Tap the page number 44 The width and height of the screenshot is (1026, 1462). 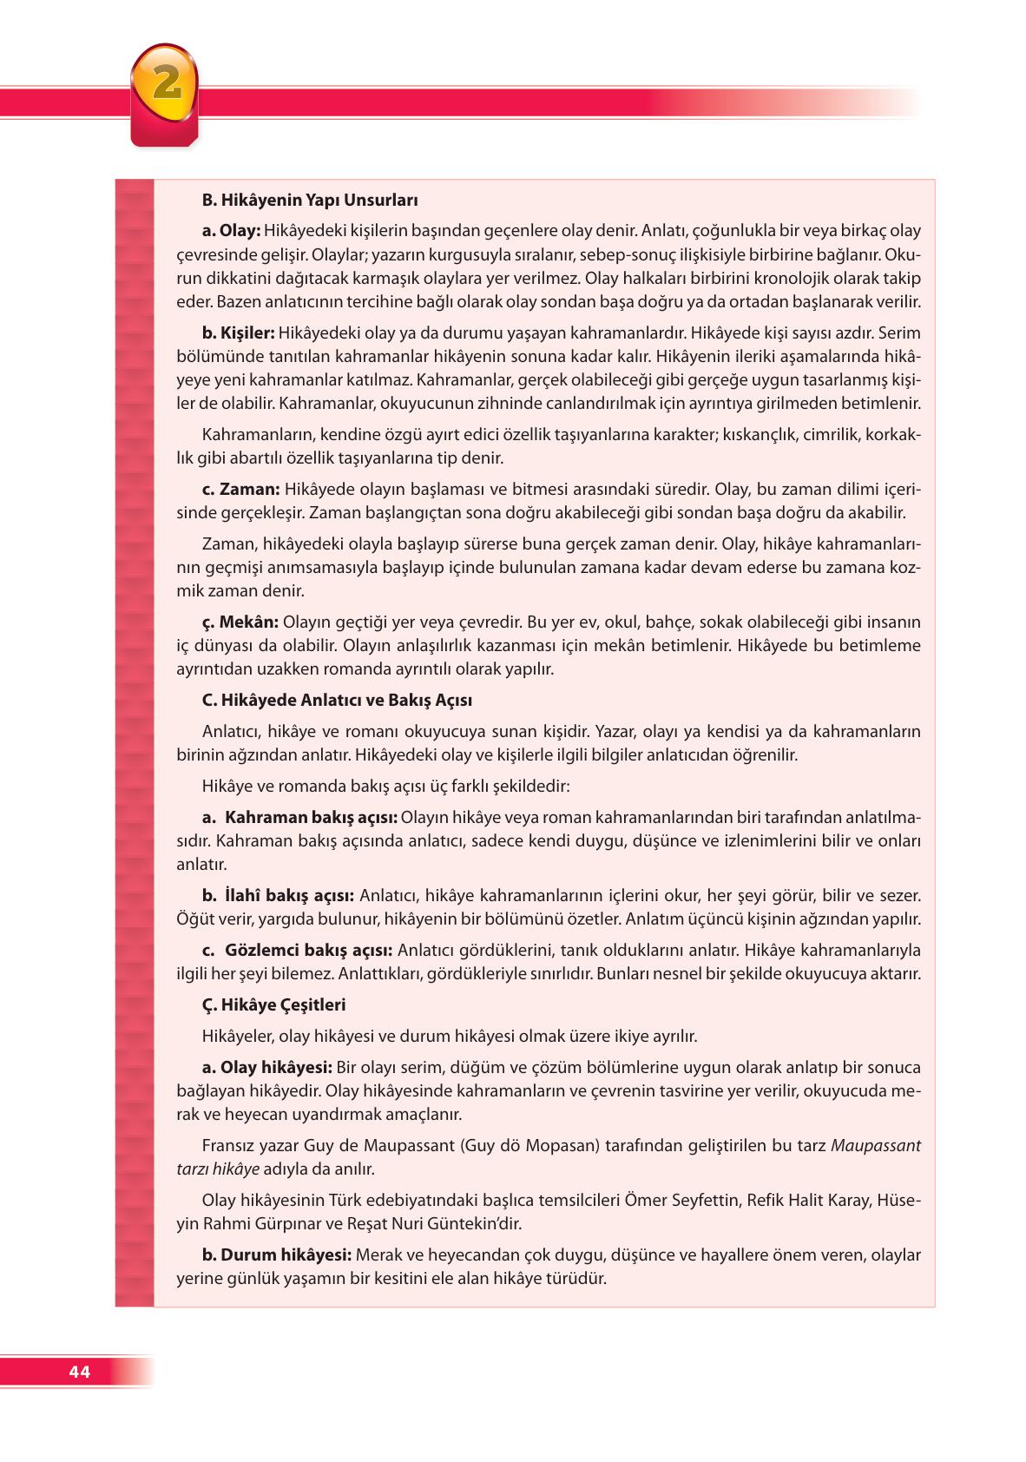pos(79,1372)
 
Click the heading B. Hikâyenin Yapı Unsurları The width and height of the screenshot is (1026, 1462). pos(310,201)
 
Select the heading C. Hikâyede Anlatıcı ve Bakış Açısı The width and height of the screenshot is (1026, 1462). pos(337,700)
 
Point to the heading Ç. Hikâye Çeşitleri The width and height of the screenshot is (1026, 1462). pos(273,1004)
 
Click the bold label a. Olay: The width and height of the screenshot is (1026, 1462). pos(231,231)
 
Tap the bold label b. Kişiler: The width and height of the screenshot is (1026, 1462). pos(238,333)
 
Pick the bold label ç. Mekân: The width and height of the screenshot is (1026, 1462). pos(240,622)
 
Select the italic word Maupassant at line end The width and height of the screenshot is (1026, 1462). pos(876,1145)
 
